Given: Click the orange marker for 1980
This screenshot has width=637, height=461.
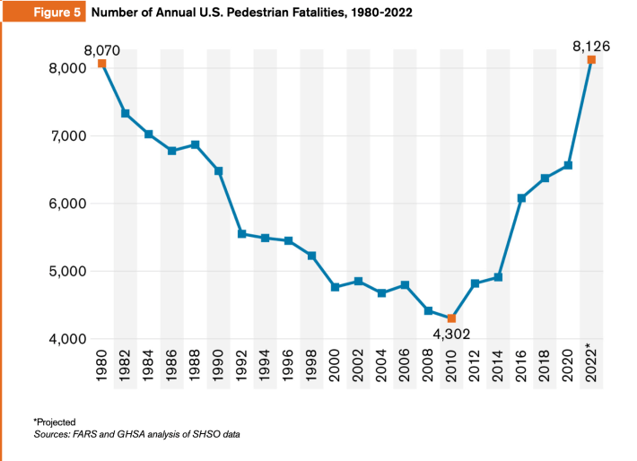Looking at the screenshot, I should coord(102,64).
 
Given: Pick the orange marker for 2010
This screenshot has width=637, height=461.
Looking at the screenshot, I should coord(451,318).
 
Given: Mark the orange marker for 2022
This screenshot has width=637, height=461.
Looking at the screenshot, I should coord(591,60).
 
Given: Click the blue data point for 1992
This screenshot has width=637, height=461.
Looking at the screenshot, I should coord(242,234).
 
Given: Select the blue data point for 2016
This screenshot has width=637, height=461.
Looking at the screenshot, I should coord(521,198).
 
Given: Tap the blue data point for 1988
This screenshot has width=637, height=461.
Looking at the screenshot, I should coord(196,144).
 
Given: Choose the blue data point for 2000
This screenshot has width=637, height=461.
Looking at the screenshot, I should coord(335,287).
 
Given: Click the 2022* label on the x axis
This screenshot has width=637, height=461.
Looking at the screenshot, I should coord(591,364).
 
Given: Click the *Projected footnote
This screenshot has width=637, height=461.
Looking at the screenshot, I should coord(57,422).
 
